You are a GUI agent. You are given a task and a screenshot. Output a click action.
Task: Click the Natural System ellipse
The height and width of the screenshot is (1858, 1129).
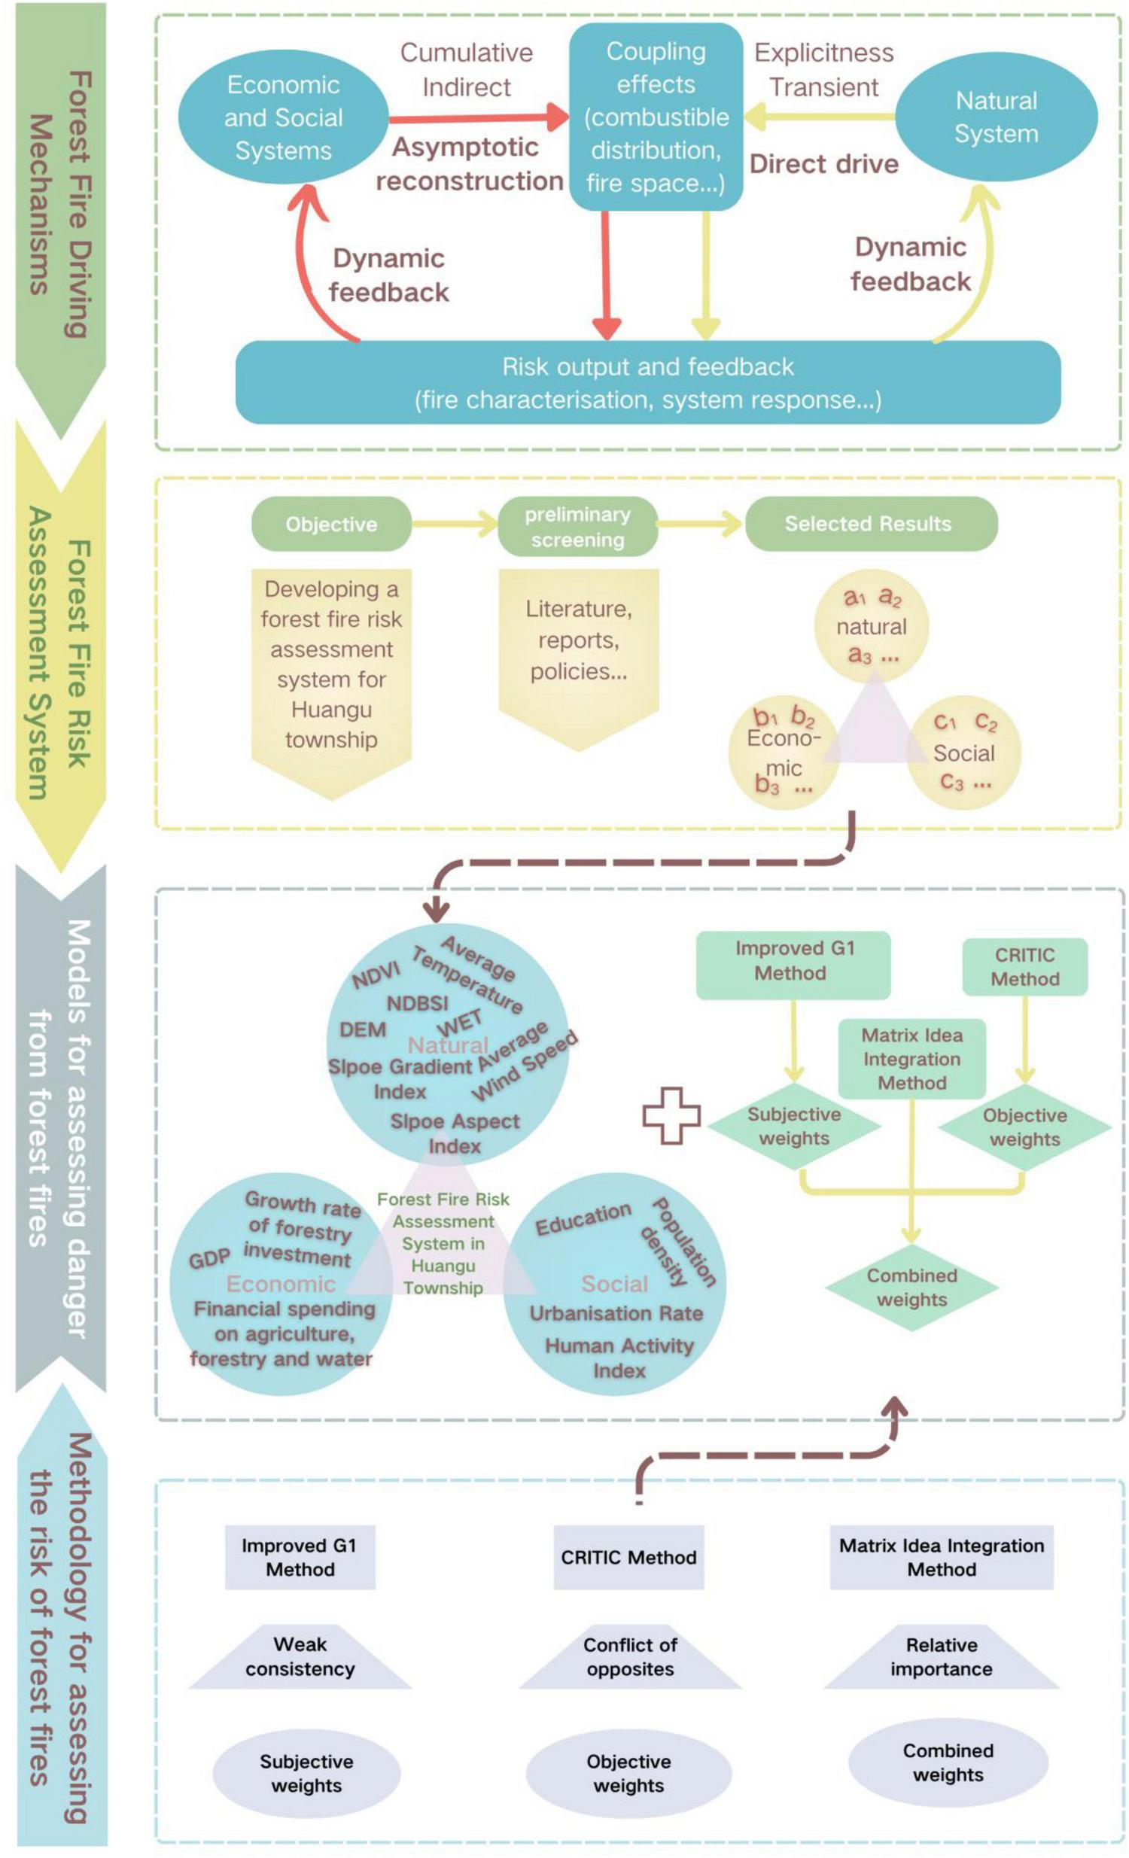996,117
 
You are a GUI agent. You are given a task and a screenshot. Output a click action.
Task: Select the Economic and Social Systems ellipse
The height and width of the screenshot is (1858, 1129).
284,117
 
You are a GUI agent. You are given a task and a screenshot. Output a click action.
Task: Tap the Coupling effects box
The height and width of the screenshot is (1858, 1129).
656,117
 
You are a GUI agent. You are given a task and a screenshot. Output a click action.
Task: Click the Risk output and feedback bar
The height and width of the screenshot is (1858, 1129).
648,382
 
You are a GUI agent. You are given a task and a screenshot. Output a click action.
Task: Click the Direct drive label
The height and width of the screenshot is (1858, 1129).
823,163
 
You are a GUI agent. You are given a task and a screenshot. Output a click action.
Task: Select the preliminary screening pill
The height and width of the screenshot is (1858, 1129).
577,526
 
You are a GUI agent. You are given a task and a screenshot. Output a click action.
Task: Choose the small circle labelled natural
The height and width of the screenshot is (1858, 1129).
871,626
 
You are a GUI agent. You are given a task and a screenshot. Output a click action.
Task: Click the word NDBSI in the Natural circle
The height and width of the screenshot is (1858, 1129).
417,1004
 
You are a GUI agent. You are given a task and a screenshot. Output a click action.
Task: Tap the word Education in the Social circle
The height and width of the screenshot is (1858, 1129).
583,1218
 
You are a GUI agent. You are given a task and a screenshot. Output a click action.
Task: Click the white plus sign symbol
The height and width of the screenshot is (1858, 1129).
671,1115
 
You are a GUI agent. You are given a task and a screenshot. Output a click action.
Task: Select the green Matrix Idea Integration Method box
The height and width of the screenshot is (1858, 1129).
911,1059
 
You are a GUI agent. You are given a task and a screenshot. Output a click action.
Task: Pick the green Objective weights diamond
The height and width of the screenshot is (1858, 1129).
1024,1127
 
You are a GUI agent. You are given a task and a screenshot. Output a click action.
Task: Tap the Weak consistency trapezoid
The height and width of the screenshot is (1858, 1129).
300,1656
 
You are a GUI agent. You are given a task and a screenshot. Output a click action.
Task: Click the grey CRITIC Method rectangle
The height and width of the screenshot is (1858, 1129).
628,1557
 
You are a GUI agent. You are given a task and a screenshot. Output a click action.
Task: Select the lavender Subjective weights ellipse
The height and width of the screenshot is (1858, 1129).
306,1773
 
